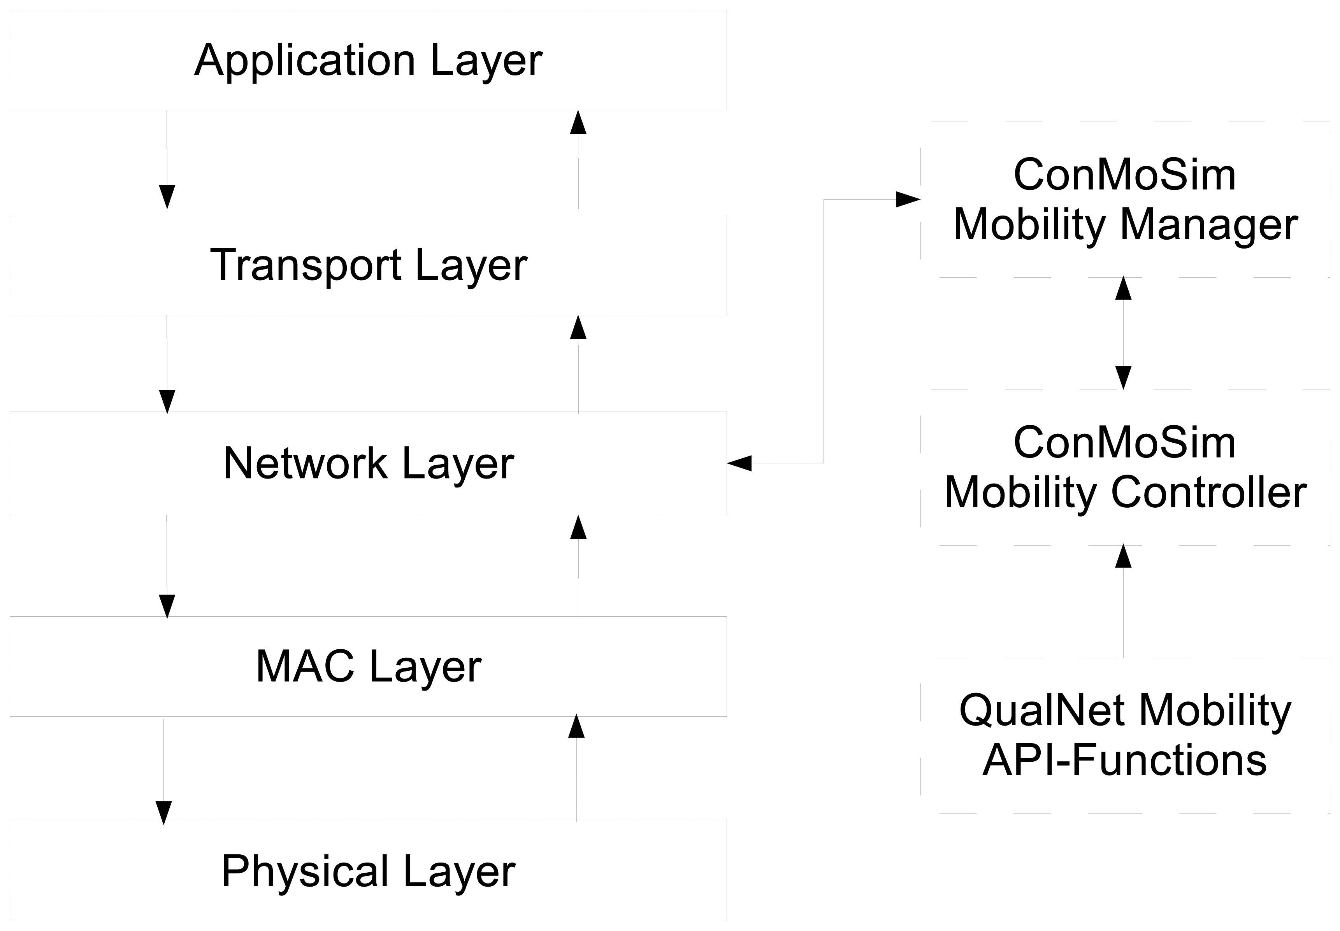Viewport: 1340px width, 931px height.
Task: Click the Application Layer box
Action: (x=368, y=60)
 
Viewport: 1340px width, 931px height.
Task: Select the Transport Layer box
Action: (x=368, y=265)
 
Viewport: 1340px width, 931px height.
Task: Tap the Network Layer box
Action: (x=368, y=463)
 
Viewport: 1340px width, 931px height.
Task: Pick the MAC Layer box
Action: (x=368, y=666)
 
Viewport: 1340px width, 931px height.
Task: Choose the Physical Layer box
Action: (x=368, y=871)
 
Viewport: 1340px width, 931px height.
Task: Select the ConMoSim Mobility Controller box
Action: (x=1125, y=467)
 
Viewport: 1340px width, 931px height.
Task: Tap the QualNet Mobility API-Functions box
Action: (x=1125, y=735)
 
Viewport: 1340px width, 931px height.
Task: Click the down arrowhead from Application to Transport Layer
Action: (x=167, y=197)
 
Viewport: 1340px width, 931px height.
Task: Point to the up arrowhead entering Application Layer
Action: (x=578, y=122)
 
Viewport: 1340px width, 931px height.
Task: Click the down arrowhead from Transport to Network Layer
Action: (x=167, y=402)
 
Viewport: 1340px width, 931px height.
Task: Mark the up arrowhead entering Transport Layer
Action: (x=578, y=327)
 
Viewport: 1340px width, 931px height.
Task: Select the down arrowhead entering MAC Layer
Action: (x=167, y=607)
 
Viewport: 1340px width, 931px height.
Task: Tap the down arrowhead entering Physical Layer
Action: (x=164, y=813)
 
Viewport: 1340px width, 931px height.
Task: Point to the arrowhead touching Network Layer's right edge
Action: (x=739, y=463)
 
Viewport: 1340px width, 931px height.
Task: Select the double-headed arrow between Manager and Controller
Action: (x=1124, y=333)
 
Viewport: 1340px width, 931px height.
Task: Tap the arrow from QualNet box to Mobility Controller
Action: (x=1124, y=601)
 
